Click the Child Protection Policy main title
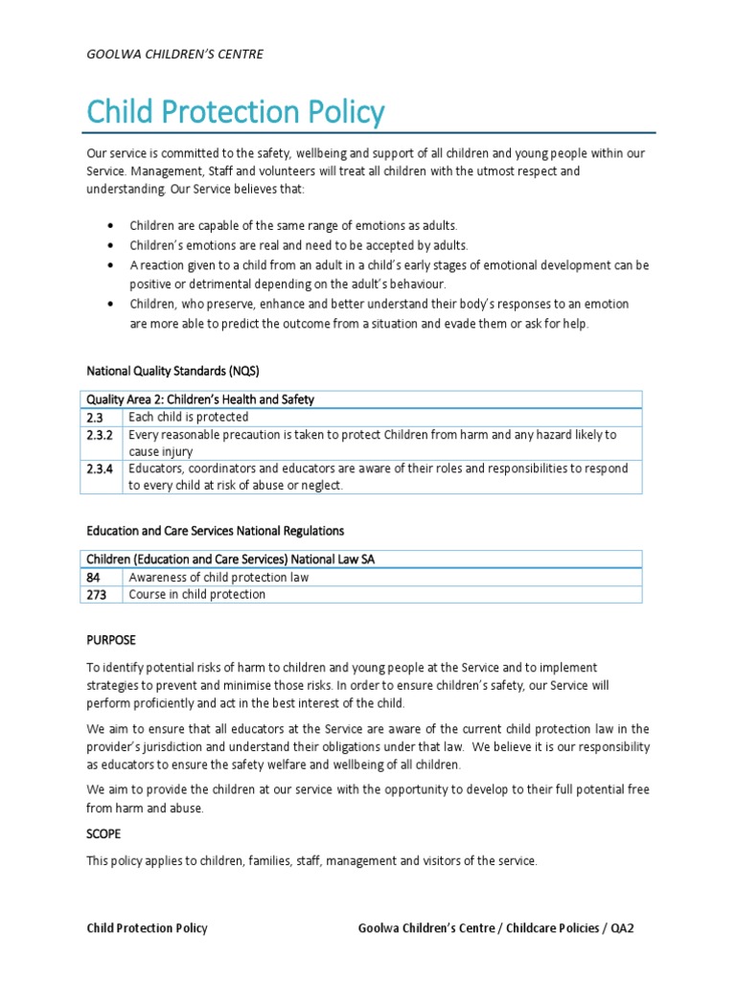pos(235,113)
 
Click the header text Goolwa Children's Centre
pos(174,55)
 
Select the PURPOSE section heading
pos(111,638)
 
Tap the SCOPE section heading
pos(103,834)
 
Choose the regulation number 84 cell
pos(95,578)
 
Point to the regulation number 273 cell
pos(98,594)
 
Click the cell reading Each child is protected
pos(189,417)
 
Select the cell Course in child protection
pos(197,594)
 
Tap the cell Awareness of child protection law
pos(219,578)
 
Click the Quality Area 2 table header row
pos(200,399)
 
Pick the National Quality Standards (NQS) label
pos(172,370)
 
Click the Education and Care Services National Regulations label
pos(216,530)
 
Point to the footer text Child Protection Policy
pos(147,928)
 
